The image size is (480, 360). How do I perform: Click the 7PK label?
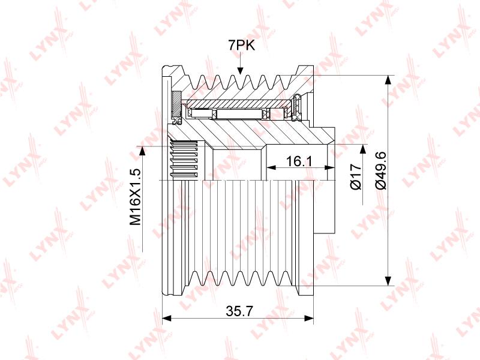click(242, 46)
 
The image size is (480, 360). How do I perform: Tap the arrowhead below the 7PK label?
click(241, 70)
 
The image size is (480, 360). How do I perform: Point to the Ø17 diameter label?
click(356, 177)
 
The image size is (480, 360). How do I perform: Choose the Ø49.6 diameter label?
click(382, 170)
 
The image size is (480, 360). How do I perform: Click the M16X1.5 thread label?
click(136, 197)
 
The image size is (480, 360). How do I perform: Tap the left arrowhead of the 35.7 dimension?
click(166, 319)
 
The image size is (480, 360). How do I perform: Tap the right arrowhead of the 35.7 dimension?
click(309, 319)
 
